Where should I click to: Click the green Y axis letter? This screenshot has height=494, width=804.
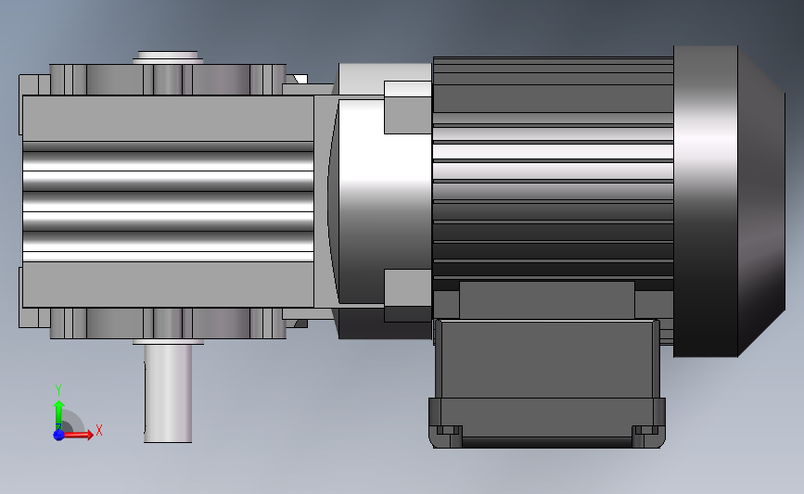coord(57,390)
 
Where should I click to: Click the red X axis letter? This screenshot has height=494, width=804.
coord(99,430)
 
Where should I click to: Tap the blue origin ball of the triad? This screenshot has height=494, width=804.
coord(58,435)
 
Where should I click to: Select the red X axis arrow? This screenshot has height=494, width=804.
coord(78,435)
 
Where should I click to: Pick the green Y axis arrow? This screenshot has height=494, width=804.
coord(58,415)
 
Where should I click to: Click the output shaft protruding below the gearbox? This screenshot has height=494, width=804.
coord(168,393)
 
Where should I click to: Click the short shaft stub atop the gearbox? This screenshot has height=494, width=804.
coord(168,57)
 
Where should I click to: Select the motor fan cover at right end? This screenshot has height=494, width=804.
coord(729,201)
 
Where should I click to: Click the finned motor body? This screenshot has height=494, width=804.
coord(553,169)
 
